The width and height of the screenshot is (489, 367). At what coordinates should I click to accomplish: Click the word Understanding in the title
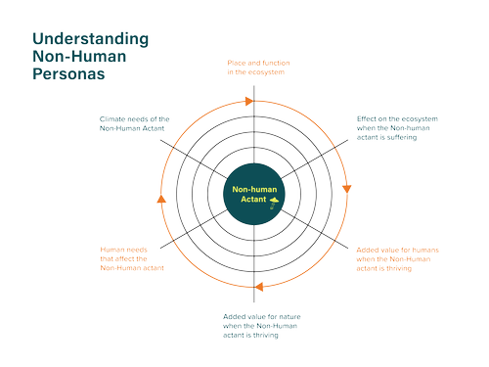[90, 40]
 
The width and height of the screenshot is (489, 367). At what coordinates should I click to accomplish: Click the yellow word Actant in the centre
[253, 200]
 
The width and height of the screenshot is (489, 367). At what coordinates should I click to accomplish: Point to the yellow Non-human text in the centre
[254, 187]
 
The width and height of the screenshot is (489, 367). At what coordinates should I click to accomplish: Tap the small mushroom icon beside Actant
[276, 202]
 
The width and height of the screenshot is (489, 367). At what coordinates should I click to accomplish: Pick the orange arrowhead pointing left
[258, 287]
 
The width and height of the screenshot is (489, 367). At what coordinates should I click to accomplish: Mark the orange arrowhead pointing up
[159, 200]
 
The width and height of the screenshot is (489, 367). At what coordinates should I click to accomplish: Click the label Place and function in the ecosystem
[255, 68]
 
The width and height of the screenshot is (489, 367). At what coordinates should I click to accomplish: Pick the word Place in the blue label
[235, 63]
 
